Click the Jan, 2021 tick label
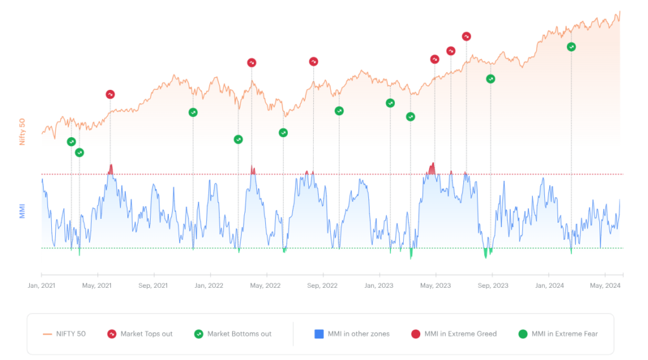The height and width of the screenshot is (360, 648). [x=42, y=285]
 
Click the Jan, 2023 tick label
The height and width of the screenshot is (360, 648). [x=379, y=285]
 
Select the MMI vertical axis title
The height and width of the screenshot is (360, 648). [x=22, y=211]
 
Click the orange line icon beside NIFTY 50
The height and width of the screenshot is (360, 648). [x=47, y=334]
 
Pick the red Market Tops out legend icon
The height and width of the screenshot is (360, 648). [x=111, y=334]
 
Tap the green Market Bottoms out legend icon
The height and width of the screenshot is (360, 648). [x=199, y=334]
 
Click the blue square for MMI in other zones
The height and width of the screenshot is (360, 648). [x=319, y=334]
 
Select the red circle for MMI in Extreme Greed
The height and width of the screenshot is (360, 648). [x=416, y=334]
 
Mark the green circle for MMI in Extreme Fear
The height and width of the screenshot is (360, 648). [x=523, y=334]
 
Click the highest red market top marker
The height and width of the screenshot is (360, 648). [x=466, y=37]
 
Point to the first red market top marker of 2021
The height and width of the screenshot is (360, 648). [x=110, y=94]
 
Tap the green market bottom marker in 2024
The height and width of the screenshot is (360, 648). [x=571, y=47]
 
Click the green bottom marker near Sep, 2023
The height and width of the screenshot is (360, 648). [x=490, y=78]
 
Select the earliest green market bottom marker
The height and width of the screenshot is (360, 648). [x=71, y=142]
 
